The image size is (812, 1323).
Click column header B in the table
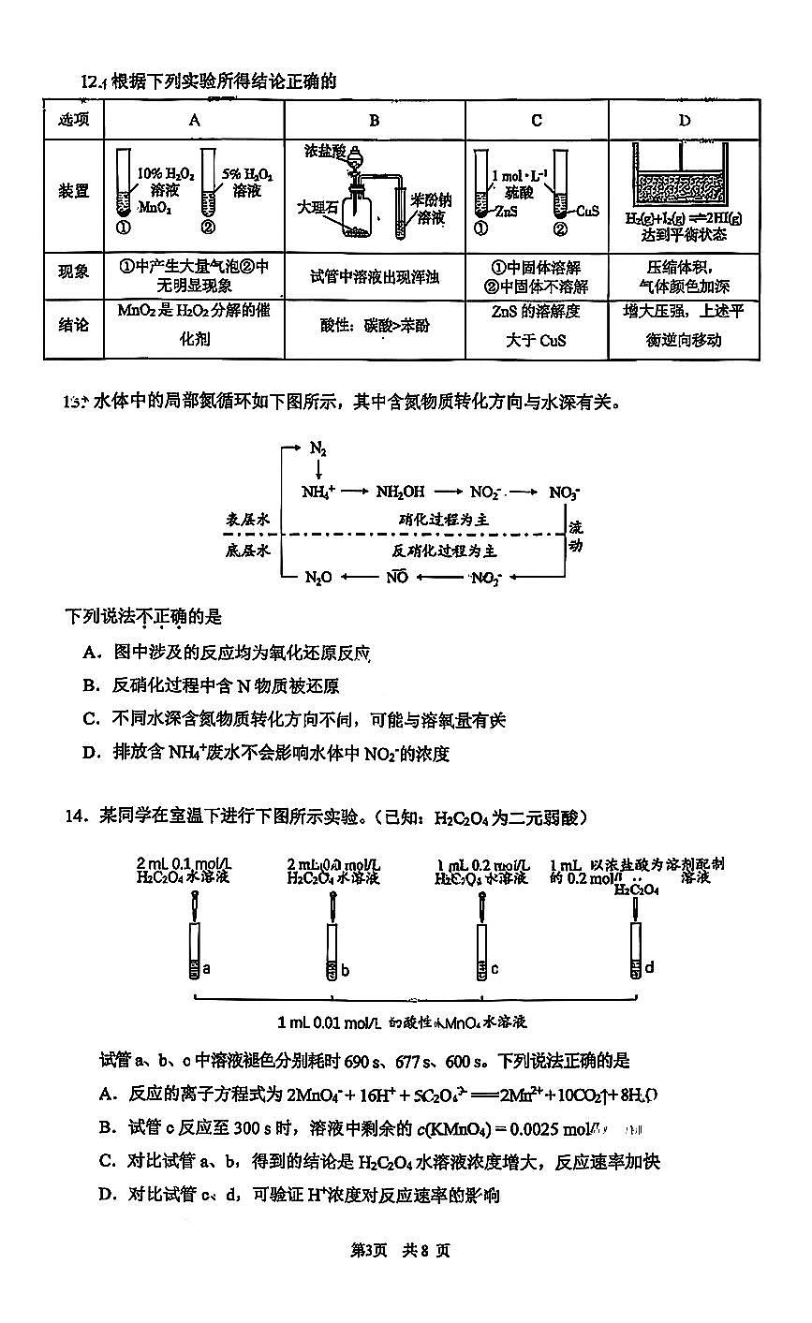(x=374, y=120)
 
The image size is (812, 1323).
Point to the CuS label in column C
(x=588, y=212)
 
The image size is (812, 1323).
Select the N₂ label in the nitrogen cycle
(x=318, y=449)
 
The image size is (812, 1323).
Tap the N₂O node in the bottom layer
(x=318, y=578)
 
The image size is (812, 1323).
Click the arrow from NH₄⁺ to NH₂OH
(x=357, y=492)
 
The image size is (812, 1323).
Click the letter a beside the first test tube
(x=206, y=968)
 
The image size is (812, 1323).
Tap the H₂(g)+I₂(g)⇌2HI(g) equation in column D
(x=684, y=218)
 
